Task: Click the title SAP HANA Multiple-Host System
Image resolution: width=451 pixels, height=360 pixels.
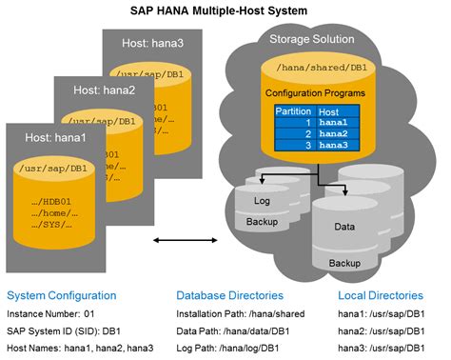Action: coord(225,10)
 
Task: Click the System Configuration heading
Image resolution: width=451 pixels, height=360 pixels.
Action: coord(61,295)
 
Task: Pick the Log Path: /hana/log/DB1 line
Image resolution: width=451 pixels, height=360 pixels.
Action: coord(225,347)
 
